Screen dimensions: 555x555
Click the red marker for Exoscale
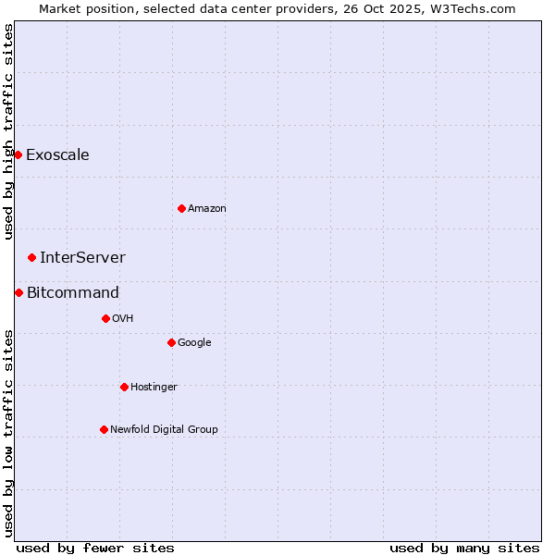click(x=18, y=154)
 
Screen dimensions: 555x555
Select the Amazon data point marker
click(x=181, y=208)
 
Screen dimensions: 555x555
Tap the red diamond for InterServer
click(x=31, y=257)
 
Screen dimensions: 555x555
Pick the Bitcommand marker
click(x=18, y=292)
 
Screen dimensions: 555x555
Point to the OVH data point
click(x=105, y=318)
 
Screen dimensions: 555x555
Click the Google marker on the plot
click(x=171, y=342)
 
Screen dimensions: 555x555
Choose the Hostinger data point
click(x=124, y=387)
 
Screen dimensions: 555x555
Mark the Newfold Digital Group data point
click(x=104, y=429)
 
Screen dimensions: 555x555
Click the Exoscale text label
click(x=57, y=154)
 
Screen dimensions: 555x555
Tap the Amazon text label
click(x=207, y=208)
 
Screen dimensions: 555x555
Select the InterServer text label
click(x=82, y=257)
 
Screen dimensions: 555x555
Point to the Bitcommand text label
click(x=73, y=292)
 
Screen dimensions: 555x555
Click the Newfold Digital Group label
click(x=164, y=429)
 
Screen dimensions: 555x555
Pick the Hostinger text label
click(x=154, y=387)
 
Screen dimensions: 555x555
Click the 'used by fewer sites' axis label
click(x=95, y=548)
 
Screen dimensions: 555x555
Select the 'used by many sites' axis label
click(x=464, y=548)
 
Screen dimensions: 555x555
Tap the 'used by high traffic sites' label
click(x=8, y=131)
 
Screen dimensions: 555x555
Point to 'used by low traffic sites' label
click(x=8, y=433)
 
